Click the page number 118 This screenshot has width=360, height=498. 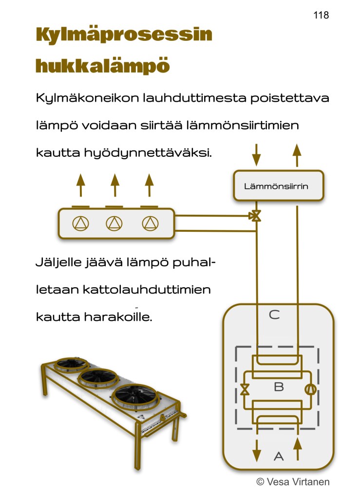pyautogui.click(x=321, y=15)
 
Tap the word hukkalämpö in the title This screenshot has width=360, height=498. pyautogui.click(x=103, y=66)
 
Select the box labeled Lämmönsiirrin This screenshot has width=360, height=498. pyautogui.click(x=279, y=186)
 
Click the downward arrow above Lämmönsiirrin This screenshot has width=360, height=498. pyautogui.click(x=256, y=155)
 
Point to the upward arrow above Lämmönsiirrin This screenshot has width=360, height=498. pyautogui.click(x=297, y=155)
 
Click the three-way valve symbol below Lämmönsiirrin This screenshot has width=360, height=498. pyautogui.click(x=255, y=216)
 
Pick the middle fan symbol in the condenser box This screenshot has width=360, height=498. pyautogui.click(x=114, y=223)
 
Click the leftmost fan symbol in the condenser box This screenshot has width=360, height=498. pyautogui.click(x=81, y=223)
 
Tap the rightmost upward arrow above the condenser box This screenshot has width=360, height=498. pyautogui.click(x=150, y=185)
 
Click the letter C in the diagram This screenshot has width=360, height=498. pyautogui.click(x=274, y=315)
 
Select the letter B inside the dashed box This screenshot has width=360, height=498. pyautogui.click(x=279, y=387)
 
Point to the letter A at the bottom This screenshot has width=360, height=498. pyautogui.click(x=279, y=457)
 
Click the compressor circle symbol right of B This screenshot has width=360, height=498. pyautogui.click(x=310, y=389)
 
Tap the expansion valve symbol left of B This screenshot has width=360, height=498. pyautogui.click(x=245, y=389)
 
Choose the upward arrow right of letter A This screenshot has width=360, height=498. pyautogui.click(x=298, y=449)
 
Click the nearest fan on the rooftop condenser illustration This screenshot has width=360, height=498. pyautogui.click(x=136, y=397)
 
